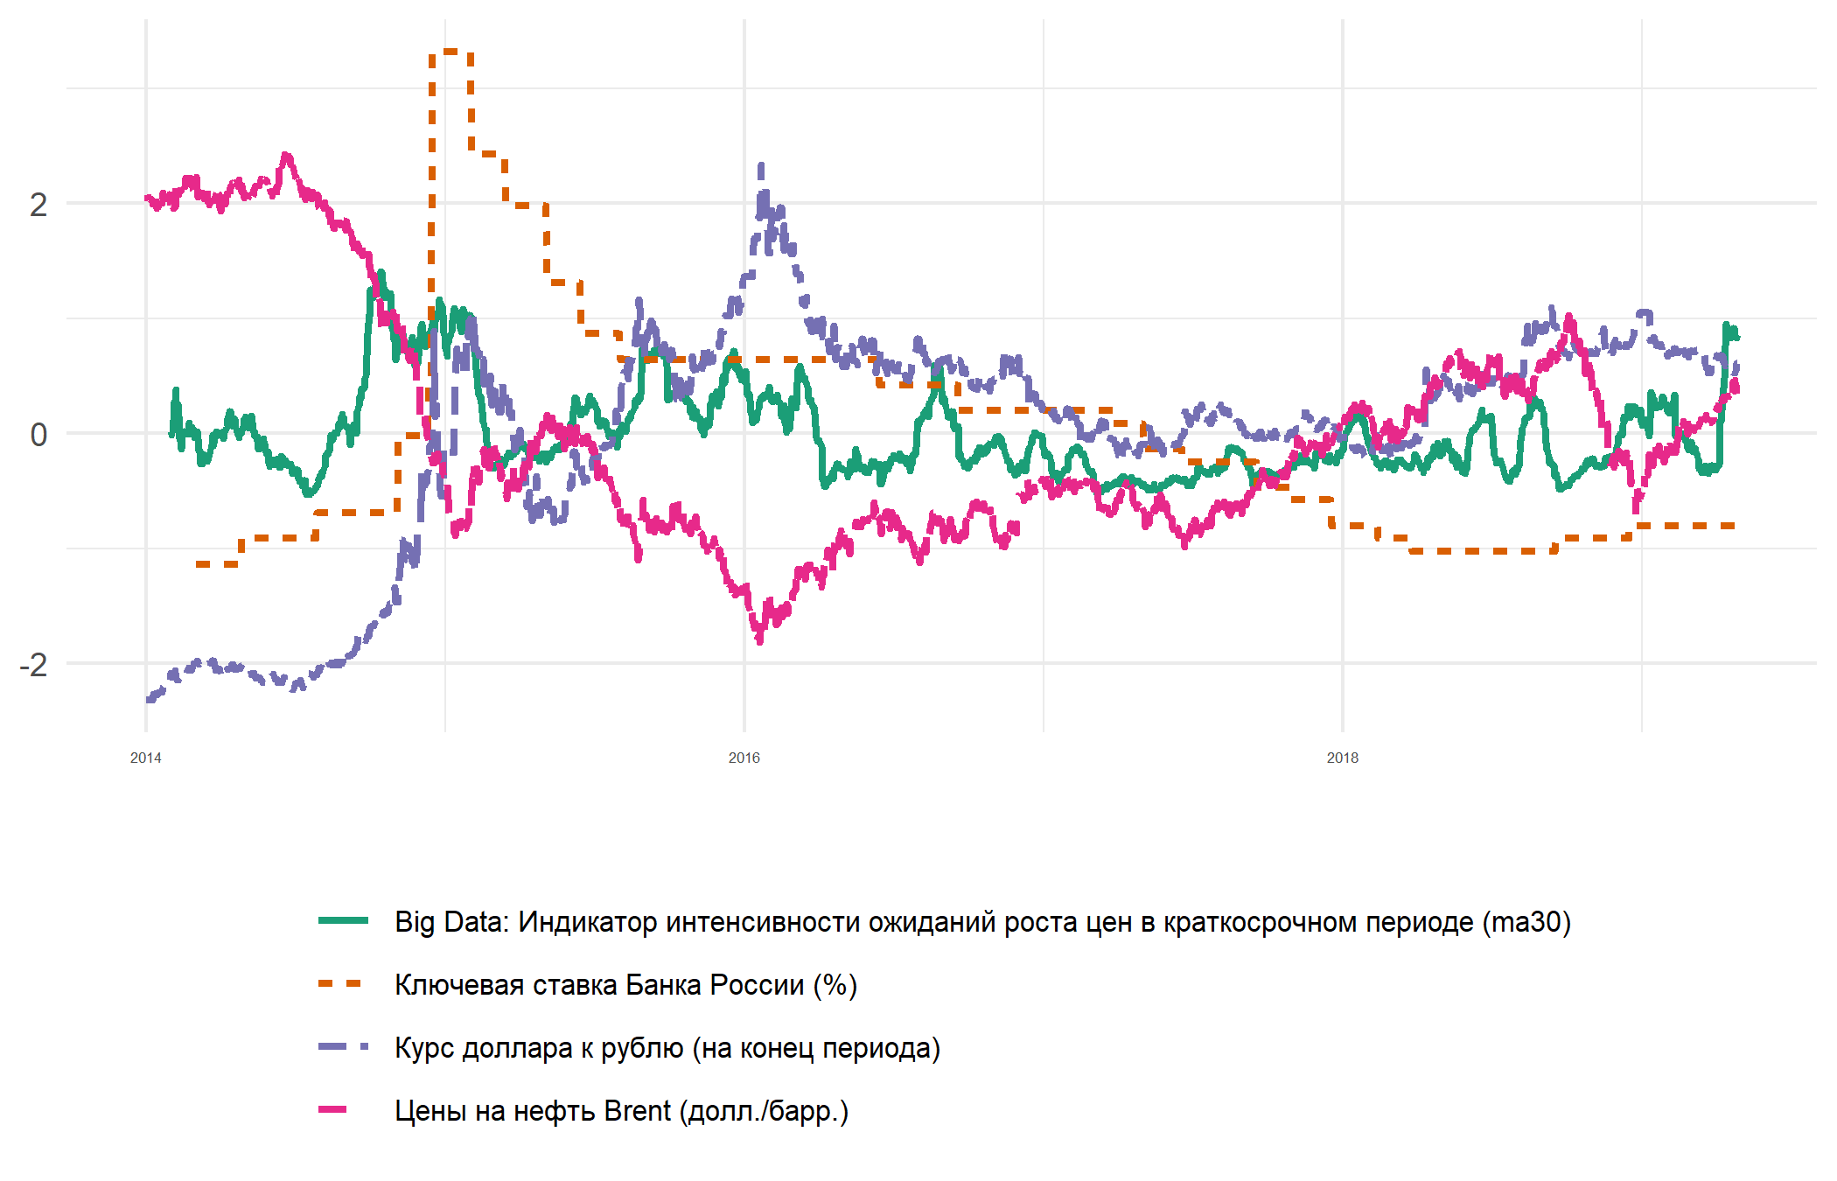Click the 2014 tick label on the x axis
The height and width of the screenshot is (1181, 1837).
coord(145,758)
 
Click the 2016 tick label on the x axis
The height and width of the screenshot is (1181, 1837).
coord(744,758)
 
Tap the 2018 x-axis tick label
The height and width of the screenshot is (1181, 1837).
coord(1342,758)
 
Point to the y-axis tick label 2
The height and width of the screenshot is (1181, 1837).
coord(38,205)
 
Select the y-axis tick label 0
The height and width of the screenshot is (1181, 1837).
coord(38,434)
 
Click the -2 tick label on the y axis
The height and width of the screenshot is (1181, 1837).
coord(33,665)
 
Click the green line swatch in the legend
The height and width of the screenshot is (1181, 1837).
coord(343,920)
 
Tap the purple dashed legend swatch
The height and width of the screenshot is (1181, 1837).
coord(343,1046)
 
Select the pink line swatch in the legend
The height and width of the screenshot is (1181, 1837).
coord(333,1109)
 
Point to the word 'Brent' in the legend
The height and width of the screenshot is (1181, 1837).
coord(637,1111)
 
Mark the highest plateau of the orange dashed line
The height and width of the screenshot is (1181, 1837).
coord(451,52)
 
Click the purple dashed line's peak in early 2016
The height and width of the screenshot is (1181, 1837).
coord(761,166)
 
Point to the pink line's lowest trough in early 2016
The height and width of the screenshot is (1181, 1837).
coord(759,640)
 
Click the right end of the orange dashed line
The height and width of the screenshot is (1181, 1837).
coord(1734,526)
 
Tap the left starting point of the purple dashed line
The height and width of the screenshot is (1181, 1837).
coord(148,700)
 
